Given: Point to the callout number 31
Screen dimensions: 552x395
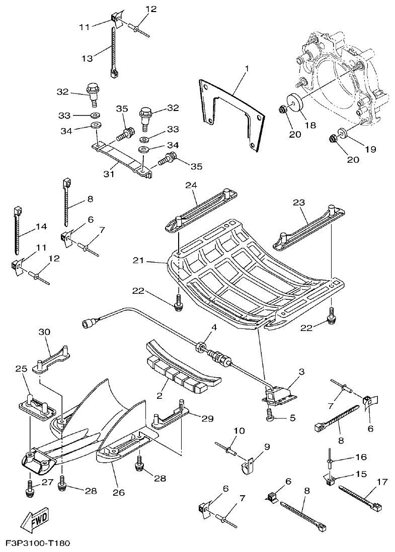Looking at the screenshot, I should coord(109,174).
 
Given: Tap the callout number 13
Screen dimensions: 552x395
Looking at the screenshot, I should coord(87,59).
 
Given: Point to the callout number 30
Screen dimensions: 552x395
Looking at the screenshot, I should coord(45,332).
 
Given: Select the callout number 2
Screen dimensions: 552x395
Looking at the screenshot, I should coord(159,395).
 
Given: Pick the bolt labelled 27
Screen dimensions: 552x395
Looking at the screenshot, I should coord(29,487).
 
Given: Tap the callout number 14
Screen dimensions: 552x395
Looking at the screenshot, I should coord(41,227).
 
